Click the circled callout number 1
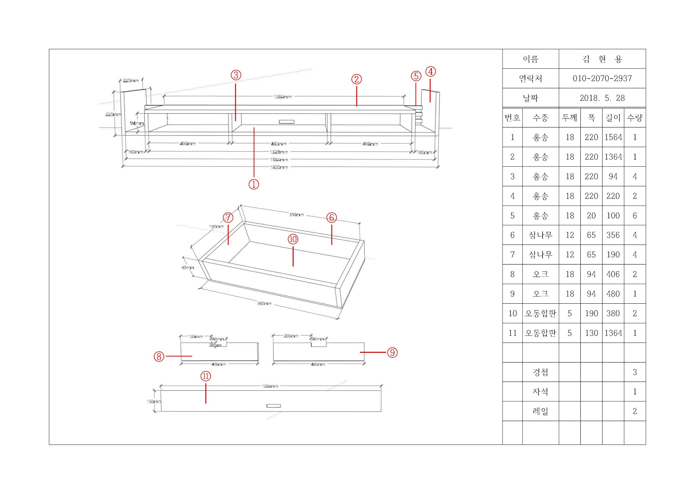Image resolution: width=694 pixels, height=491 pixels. coord(254,184)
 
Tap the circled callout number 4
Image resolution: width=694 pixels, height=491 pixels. coord(430,72)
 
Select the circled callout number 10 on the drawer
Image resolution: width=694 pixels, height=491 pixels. coord(293,239)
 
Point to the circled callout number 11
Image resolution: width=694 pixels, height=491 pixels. coord(206,376)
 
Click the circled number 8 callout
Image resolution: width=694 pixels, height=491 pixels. coord(159,356)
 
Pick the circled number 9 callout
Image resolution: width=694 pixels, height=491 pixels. coord(392,352)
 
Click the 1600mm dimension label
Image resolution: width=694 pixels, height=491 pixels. coord(279,167)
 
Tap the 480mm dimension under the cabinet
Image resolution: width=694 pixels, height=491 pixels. coord(278,144)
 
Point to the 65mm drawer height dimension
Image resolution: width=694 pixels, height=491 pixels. coord(188,267)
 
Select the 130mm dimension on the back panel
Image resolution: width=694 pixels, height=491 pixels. coord(154,402)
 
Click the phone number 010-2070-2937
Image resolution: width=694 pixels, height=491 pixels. coord(602,78)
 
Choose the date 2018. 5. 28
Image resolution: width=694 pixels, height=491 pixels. coord(602,98)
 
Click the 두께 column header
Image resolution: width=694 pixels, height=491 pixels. coord(570,118)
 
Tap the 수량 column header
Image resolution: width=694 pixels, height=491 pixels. coord(635,118)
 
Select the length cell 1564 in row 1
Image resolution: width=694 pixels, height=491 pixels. coord(613,137)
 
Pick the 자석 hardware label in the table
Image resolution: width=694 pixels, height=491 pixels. coord(540,392)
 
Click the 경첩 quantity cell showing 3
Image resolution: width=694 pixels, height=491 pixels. coord(635,372)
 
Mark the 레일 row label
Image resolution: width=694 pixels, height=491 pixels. coord(540,411)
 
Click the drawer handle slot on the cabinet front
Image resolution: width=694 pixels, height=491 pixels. coord(286,122)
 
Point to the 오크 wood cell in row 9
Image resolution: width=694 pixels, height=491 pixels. coord(540,294)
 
